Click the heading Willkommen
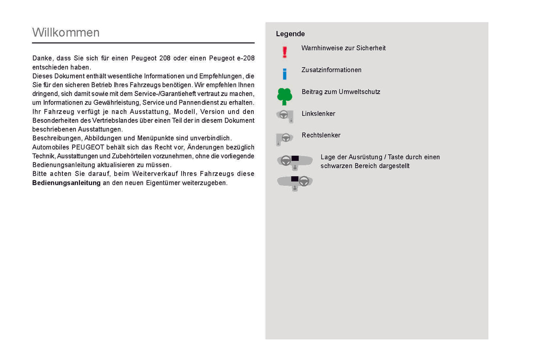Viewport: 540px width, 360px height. pyautogui.click(x=66, y=32)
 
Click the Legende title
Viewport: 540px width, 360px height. pyautogui.click(x=290, y=34)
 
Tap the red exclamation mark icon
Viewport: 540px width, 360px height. pyautogui.click(x=285, y=52)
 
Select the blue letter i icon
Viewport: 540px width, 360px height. pyautogui.click(x=285, y=74)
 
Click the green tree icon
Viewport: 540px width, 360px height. pyautogui.click(x=284, y=96)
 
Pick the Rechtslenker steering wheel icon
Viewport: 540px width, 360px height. pyautogui.click(x=285, y=139)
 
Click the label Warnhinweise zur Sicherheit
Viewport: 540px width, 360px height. pyautogui.click(x=343, y=48)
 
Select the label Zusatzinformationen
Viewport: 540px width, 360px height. pyautogui.click(x=331, y=70)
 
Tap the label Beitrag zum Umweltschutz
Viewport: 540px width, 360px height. pyautogui.click(x=341, y=92)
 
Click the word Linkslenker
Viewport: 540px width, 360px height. pyautogui.click(x=318, y=114)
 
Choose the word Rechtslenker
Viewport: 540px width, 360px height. pyautogui.click(x=321, y=136)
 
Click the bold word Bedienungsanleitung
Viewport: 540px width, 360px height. pyautogui.click(x=66, y=183)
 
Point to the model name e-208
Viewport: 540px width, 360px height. pyautogui.click(x=246, y=58)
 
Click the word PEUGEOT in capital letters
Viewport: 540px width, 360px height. pyautogui.click(x=87, y=148)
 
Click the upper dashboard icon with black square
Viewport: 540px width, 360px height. pyautogui.click(x=295, y=162)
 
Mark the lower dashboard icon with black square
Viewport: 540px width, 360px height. pyautogui.click(x=295, y=183)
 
